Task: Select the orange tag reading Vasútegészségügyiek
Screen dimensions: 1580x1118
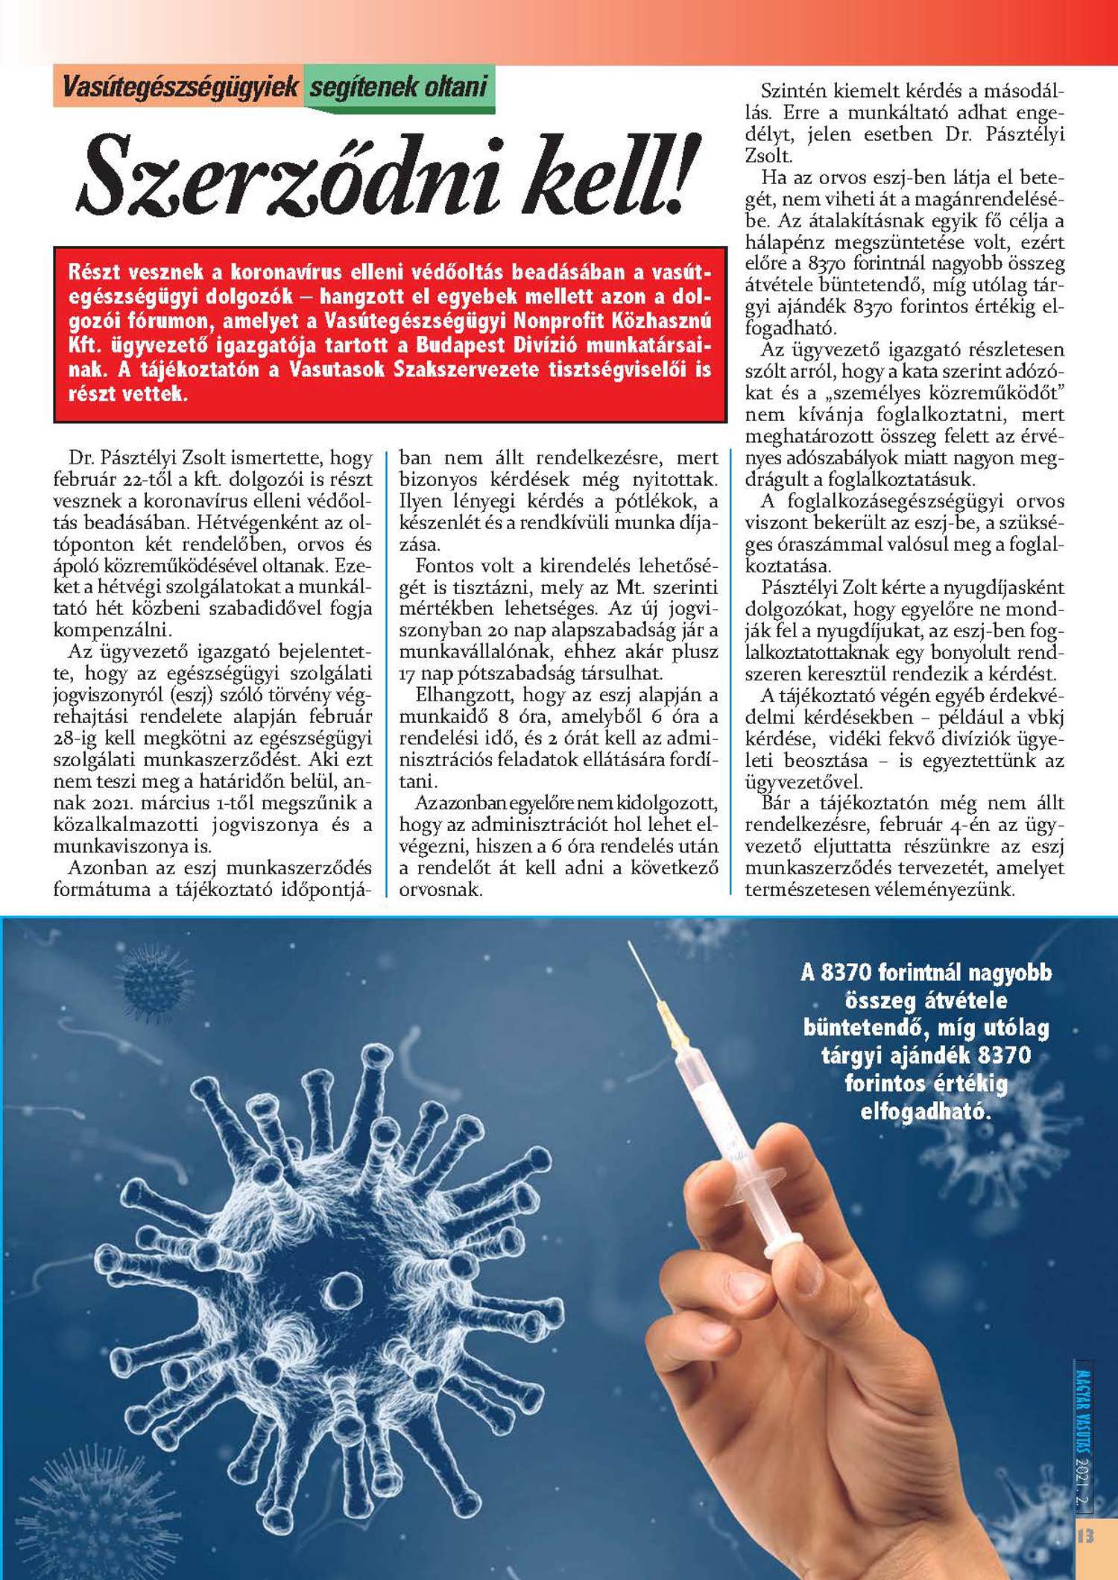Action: (x=180, y=87)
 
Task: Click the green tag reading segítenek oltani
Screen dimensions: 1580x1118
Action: (x=398, y=87)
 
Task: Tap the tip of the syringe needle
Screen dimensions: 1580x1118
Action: (x=630, y=944)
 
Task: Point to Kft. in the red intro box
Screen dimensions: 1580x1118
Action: (x=86, y=346)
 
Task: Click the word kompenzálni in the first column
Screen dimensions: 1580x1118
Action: (x=112, y=631)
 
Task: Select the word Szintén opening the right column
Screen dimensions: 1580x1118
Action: (x=793, y=91)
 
